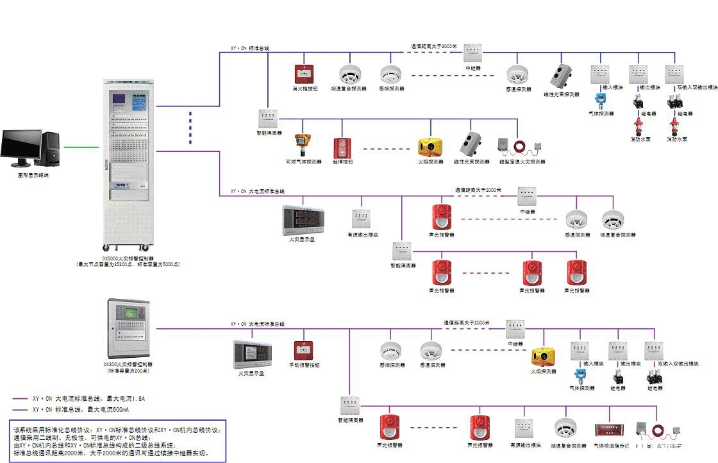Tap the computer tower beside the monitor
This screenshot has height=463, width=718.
(x=50, y=149)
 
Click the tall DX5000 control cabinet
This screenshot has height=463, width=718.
(x=128, y=164)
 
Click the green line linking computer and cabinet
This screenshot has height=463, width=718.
(x=81, y=146)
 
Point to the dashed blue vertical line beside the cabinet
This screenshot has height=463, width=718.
(x=190, y=127)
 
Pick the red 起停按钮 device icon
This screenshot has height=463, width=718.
(x=341, y=147)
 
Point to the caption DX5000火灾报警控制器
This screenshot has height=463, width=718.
(x=128, y=258)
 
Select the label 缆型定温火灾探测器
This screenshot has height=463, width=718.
(x=522, y=162)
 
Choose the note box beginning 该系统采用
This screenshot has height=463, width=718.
(x=119, y=441)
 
